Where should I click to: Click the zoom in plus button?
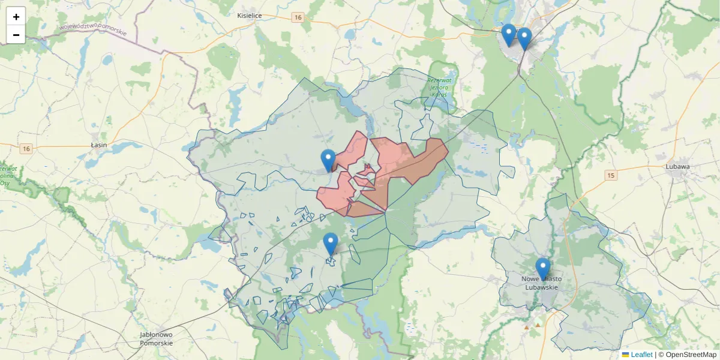16,17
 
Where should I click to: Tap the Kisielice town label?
249,16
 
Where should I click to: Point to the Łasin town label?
98,145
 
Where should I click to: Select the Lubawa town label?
677,166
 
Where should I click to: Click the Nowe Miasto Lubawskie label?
542,283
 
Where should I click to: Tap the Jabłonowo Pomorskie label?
156,338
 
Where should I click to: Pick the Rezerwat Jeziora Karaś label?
442,87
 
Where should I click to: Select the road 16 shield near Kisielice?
298,18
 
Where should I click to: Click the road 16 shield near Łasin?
25,148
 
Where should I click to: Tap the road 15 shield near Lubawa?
611,175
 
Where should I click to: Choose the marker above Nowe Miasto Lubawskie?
543,269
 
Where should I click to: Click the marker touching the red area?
328,160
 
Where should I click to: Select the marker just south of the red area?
331,244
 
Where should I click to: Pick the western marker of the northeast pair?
508,35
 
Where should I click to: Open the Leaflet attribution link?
641,355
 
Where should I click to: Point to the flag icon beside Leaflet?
626,355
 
